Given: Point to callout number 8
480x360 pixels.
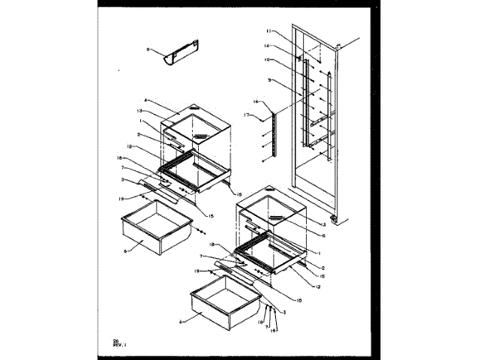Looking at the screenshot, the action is [x=148, y=50].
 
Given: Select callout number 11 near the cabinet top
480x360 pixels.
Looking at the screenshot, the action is [x=287, y=32].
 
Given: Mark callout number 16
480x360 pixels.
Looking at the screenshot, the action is [x=257, y=101].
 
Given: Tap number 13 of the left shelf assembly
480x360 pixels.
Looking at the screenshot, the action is [x=139, y=110].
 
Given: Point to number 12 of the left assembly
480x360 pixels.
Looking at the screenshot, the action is [x=130, y=145].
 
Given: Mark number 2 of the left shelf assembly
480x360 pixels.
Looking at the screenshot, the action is [x=139, y=135].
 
